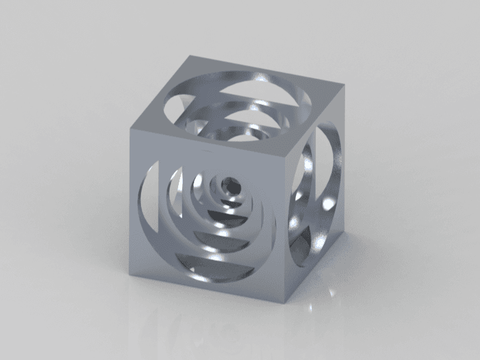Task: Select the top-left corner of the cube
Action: (x=132, y=124)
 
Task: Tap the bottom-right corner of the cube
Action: (x=341, y=230)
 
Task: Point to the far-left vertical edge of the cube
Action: (x=131, y=186)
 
